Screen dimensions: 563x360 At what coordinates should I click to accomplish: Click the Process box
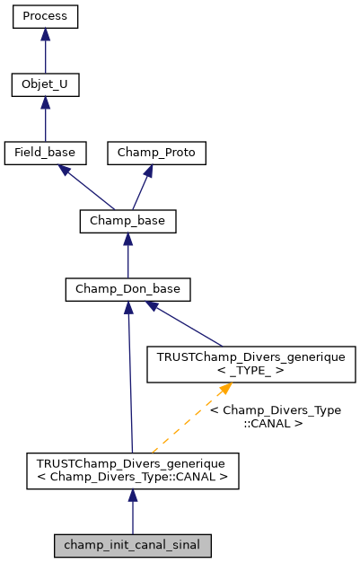(x=46, y=17)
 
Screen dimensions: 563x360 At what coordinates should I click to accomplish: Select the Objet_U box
(x=46, y=85)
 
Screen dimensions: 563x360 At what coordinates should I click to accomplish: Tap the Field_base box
(x=46, y=153)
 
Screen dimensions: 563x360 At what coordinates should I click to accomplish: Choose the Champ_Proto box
(x=157, y=153)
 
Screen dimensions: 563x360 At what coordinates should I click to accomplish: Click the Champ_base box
(x=128, y=221)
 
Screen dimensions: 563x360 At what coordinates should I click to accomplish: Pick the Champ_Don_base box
(x=128, y=289)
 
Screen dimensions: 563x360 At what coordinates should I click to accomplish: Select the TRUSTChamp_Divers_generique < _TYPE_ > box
(x=251, y=363)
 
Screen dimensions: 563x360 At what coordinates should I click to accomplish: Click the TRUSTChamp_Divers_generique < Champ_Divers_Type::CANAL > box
(x=132, y=471)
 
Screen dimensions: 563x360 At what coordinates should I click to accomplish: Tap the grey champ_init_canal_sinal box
(x=132, y=544)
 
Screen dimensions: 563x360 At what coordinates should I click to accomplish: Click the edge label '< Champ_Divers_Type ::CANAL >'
(x=275, y=416)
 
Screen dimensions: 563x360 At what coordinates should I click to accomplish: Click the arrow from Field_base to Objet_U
(x=46, y=120)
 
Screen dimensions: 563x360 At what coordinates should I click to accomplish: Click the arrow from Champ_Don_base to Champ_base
(x=128, y=256)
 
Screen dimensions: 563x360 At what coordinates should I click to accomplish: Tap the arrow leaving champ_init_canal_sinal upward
(x=132, y=512)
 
